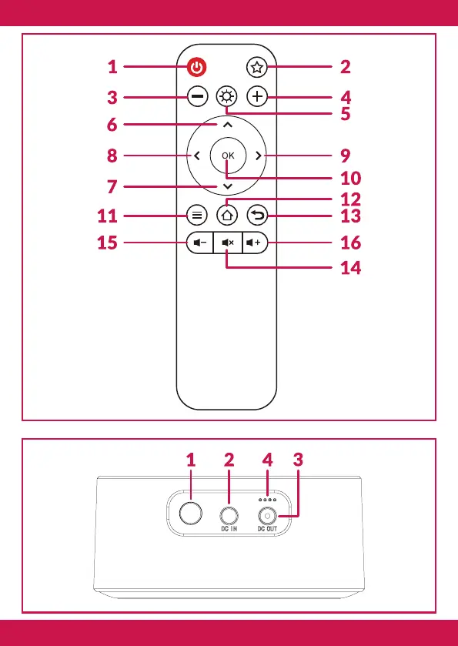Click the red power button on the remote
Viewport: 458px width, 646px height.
point(197,67)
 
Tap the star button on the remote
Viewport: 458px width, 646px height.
point(257,67)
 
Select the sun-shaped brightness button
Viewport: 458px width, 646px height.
point(227,97)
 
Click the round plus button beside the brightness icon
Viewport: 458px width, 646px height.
point(257,97)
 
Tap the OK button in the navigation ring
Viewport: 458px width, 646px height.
point(228,156)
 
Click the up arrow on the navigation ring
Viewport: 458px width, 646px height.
point(228,125)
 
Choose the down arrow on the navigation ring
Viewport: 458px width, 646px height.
point(227,186)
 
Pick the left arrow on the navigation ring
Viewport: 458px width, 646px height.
point(197,156)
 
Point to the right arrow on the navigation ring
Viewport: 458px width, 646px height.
point(258,156)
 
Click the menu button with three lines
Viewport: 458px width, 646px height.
point(197,215)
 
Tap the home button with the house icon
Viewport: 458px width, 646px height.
point(227,215)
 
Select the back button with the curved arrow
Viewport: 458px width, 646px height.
point(257,215)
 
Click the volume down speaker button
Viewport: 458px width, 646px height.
point(200,243)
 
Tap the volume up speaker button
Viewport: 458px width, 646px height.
point(255,243)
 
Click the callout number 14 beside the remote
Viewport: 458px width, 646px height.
point(350,268)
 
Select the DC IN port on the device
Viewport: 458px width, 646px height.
point(229,515)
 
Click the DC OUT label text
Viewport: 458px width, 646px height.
point(267,529)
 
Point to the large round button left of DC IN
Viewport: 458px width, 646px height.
point(191,513)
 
